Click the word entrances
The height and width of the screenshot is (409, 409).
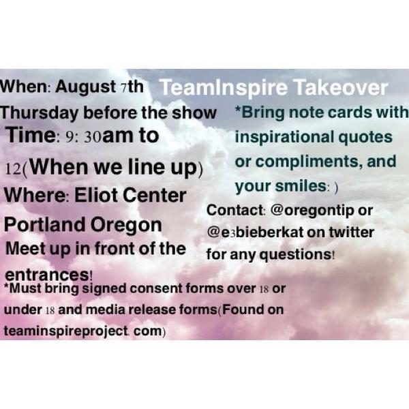(x=48, y=274)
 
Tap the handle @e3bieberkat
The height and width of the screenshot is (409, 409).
(x=254, y=232)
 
